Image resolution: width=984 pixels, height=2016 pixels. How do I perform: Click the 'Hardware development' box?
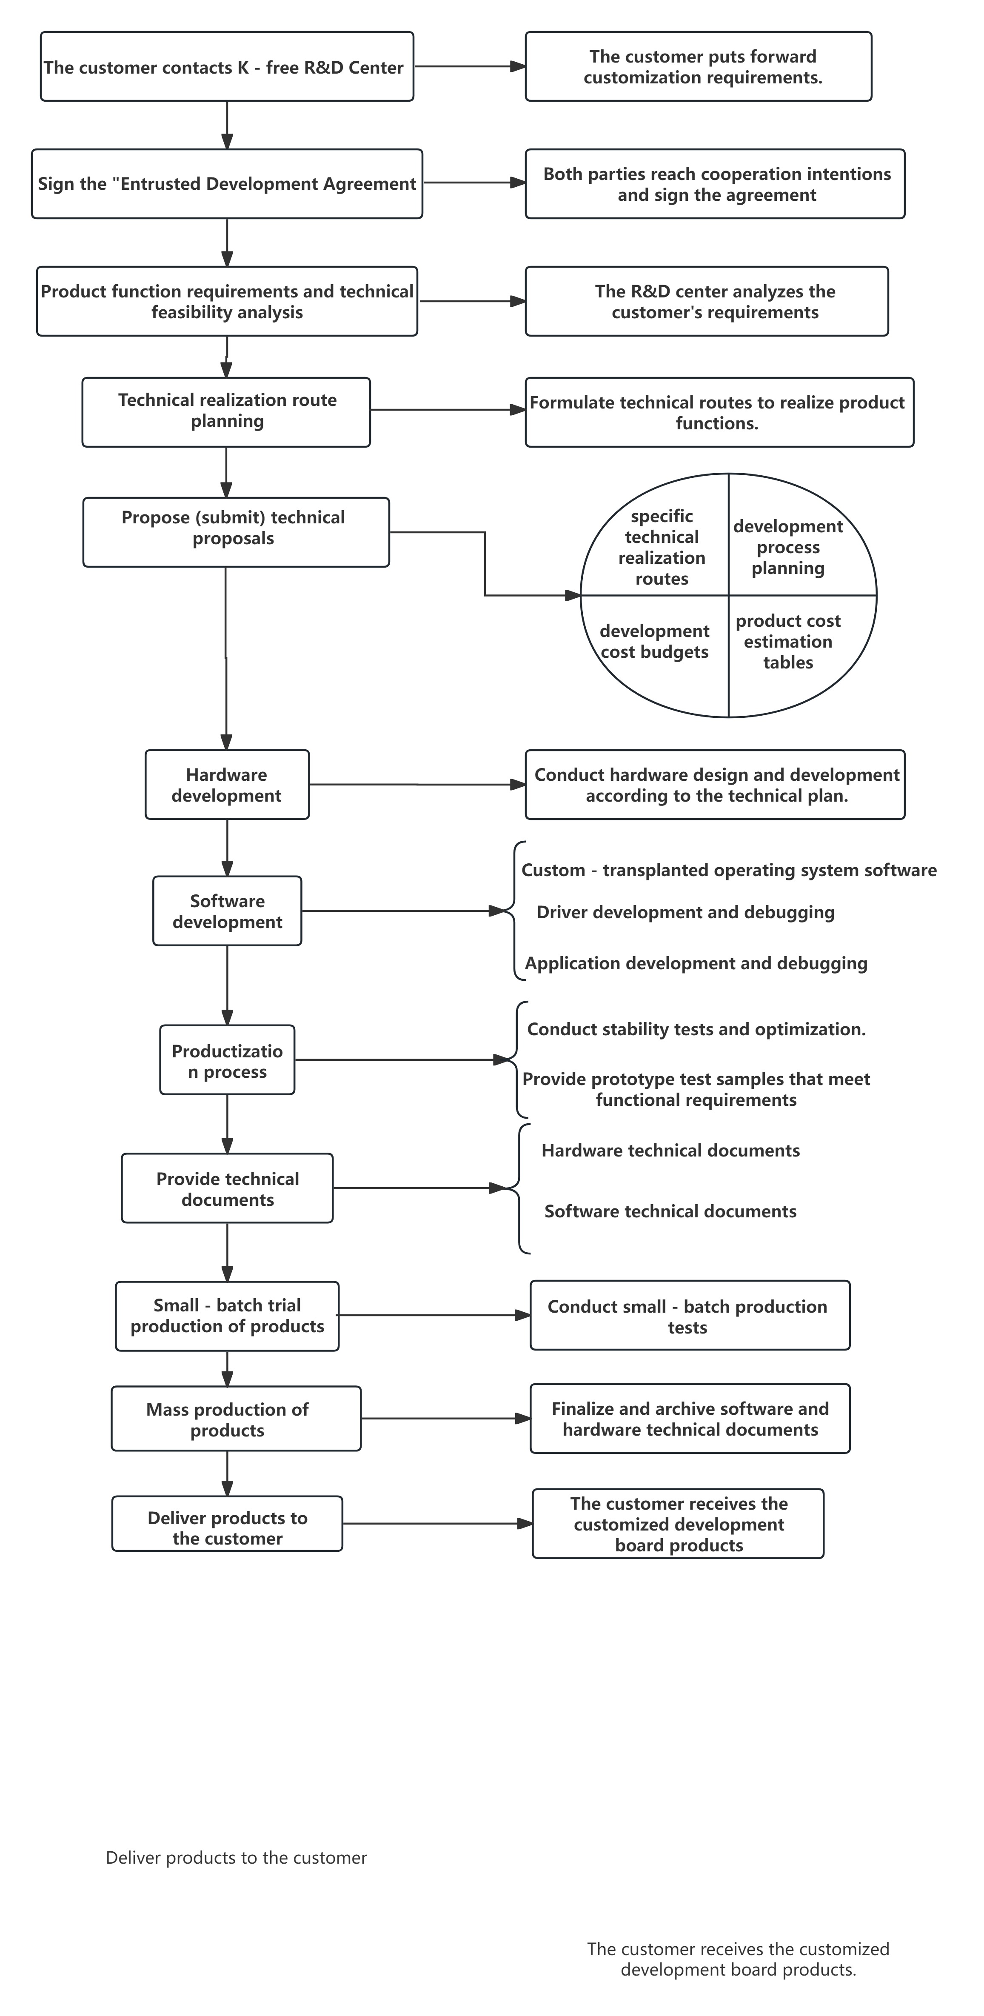coord(227,785)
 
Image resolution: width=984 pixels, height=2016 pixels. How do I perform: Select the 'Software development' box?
coord(227,911)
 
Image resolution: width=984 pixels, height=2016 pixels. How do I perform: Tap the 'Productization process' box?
coord(227,1060)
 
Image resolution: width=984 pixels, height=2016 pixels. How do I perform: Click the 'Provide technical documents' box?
coord(227,1189)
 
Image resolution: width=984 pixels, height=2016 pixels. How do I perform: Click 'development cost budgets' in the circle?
coord(655,642)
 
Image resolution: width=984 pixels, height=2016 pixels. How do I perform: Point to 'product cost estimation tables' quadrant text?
coord(788,642)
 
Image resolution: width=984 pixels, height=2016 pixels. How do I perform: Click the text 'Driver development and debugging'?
coord(685,913)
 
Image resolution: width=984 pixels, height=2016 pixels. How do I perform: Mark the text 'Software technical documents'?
coord(670,1211)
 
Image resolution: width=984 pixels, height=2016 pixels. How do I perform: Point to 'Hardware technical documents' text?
coord(670,1151)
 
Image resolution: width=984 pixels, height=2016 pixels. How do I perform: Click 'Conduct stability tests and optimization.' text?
coord(696,1029)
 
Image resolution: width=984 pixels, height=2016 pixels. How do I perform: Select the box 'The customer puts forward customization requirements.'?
coord(698,66)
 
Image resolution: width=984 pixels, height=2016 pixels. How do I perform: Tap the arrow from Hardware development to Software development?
coord(227,848)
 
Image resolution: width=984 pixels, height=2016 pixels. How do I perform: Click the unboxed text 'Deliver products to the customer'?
coord(236,1858)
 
